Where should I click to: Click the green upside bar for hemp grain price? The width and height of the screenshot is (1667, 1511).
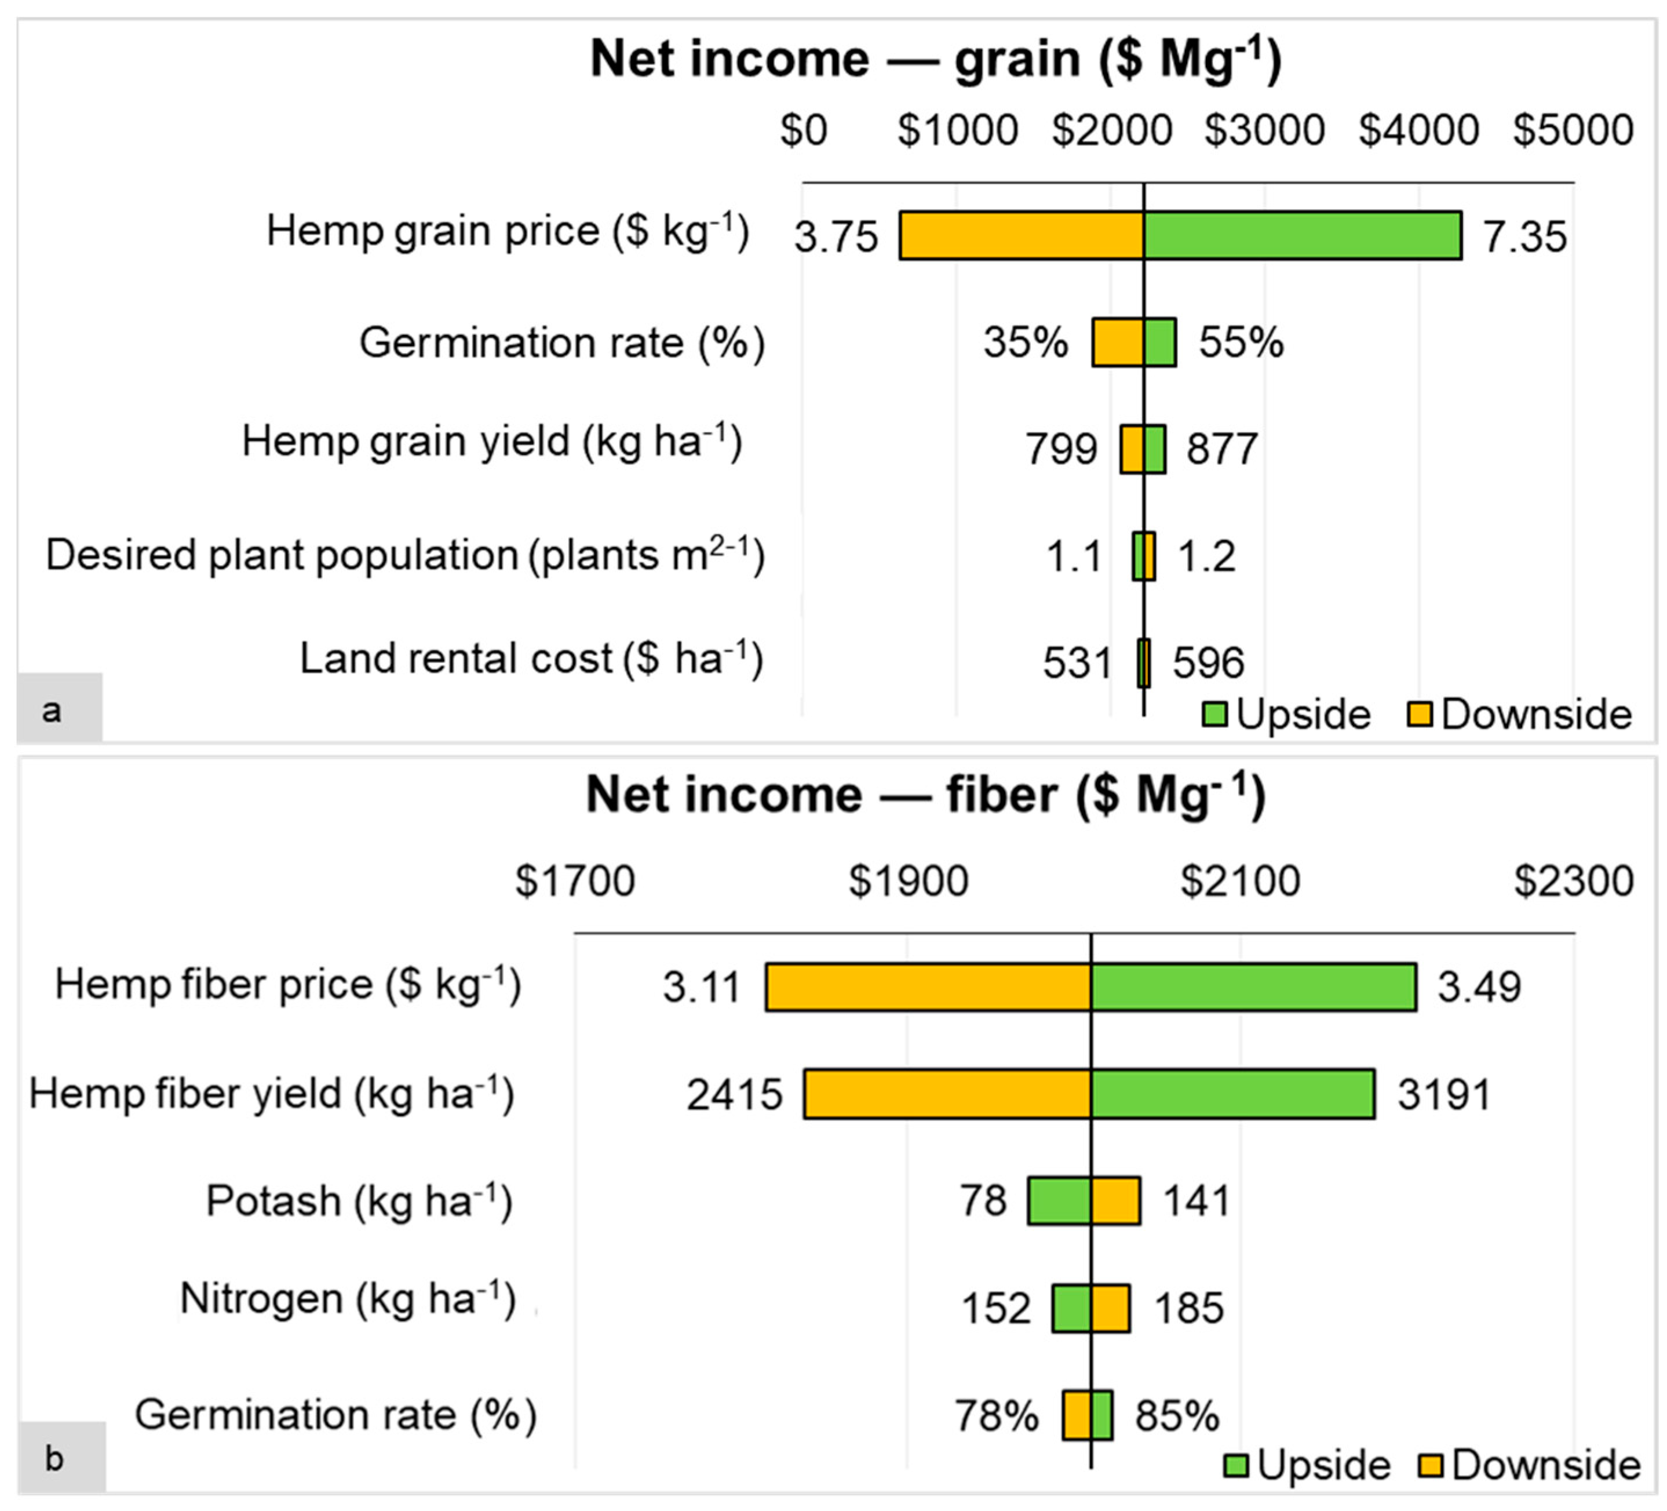pos(1303,236)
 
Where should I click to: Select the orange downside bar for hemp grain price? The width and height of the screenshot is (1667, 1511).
pos(1021,236)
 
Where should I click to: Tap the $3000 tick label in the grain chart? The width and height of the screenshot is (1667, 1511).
pos(1264,130)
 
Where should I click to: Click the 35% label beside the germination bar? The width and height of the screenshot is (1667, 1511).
pos(1026,341)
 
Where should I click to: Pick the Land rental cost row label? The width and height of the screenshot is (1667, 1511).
pos(530,659)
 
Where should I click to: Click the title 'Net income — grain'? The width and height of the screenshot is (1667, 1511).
pos(935,60)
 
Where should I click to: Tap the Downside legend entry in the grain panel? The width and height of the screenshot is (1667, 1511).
pos(1520,713)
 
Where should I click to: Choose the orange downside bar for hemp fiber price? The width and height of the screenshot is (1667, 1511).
pos(928,986)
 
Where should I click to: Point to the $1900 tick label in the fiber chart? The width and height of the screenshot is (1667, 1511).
pos(908,881)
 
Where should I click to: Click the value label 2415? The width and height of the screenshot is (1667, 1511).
pos(734,1094)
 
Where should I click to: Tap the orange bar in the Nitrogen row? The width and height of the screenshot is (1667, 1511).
pos(1110,1308)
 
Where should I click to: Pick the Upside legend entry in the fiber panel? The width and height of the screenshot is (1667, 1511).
pos(1307,1465)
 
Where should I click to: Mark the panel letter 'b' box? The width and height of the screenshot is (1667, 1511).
pos(60,1458)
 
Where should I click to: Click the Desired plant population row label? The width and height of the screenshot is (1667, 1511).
pos(404,554)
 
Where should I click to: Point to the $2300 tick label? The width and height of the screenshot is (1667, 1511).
pos(1573,881)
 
